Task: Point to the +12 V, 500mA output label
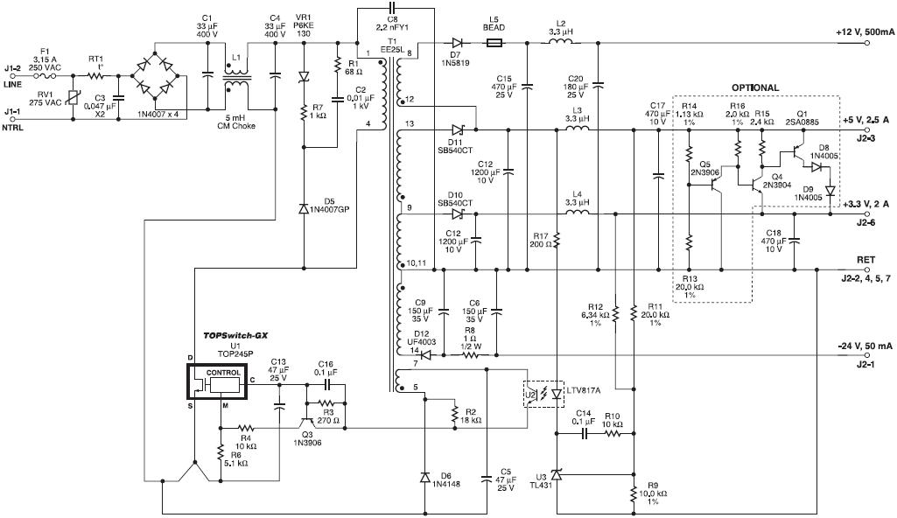[x=865, y=31]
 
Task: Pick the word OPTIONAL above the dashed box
[x=754, y=87]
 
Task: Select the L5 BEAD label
[x=494, y=24]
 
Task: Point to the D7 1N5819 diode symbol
[x=457, y=42]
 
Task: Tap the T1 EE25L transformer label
[x=391, y=46]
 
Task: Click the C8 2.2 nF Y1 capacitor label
[x=391, y=23]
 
